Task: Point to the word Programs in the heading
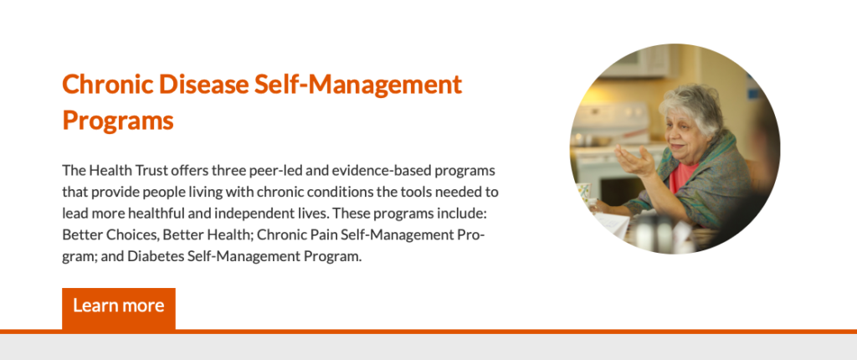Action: (117, 121)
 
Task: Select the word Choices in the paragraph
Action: (125, 235)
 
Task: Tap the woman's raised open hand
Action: (635, 159)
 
